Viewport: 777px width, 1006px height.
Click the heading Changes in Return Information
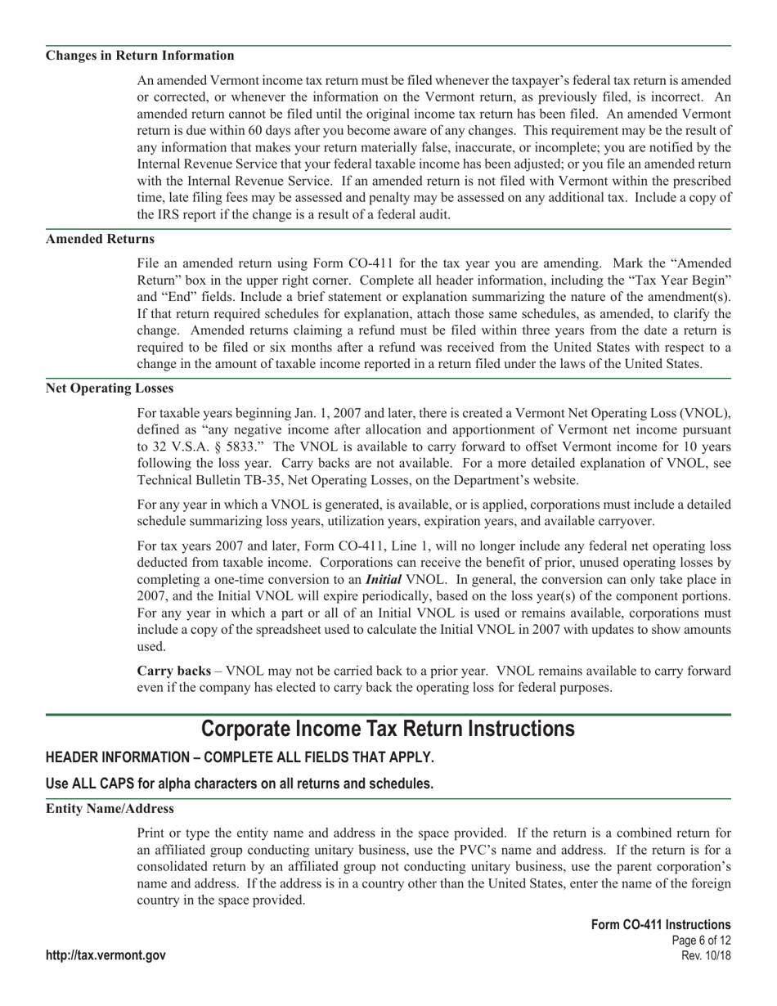[140, 56]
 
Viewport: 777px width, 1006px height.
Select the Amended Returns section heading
[100, 239]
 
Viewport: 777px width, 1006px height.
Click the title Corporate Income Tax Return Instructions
[388, 728]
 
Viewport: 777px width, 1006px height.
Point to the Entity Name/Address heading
[110, 808]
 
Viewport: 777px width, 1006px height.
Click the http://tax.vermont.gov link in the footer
[106, 955]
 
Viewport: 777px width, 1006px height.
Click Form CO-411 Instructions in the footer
[661, 924]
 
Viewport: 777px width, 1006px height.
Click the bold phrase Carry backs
[173, 671]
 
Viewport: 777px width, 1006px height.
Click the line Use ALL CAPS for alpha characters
[240, 784]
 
